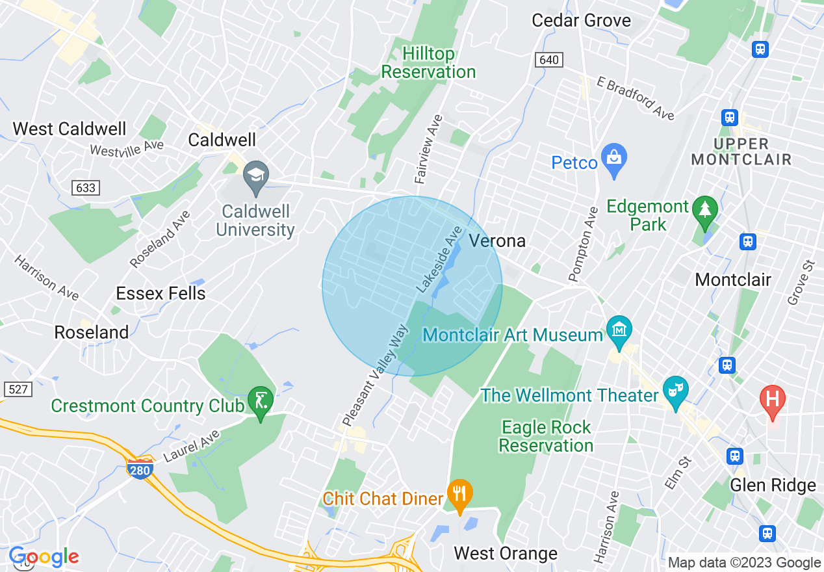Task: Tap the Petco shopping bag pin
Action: (613, 160)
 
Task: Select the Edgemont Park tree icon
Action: (704, 211)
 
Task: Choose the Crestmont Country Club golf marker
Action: (261, 402)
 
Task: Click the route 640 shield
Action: (549, 60)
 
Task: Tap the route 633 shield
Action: (85, 188)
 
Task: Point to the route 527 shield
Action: (18, 389)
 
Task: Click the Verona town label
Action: (497, 240)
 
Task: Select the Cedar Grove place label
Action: (581, 20)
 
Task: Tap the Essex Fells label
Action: (161, 293)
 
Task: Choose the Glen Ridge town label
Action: (773, 485)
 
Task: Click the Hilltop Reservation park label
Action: (428, 62)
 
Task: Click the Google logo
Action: (43, 557)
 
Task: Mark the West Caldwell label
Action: (70, 129)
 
